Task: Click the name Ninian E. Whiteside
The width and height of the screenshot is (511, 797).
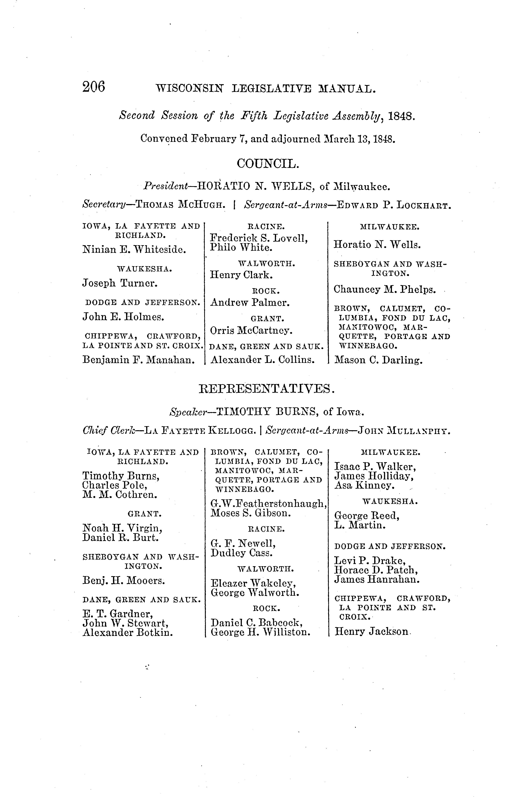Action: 134,249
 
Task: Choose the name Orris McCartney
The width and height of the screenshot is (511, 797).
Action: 251,331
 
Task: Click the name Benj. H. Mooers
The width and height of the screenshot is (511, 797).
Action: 124,581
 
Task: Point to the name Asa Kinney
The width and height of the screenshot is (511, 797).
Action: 364,486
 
